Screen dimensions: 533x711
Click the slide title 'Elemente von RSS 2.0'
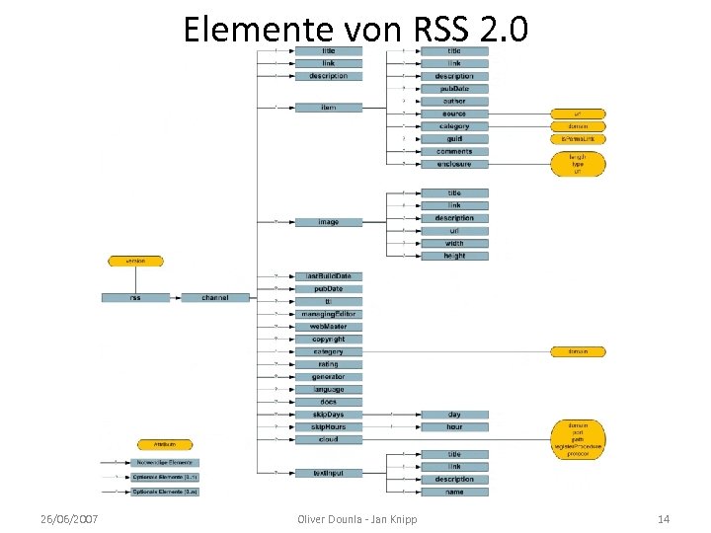tap(355, 30)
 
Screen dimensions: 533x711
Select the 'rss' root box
tap(134, 297)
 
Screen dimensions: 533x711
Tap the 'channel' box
tap(215, 297)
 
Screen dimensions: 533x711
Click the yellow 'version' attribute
tap(135, 261)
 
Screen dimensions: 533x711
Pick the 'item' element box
tap(328, 107)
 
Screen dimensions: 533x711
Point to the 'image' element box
tap(328, 222)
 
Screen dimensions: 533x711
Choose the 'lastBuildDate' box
tap(328, 276)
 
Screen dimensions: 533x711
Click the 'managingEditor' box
tap(328, 314)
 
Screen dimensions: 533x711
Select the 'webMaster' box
tap(328, 327)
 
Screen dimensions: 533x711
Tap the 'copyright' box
tap(328, 340)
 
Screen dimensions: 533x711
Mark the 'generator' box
tap(328, 377)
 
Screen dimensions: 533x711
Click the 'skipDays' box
tap(328, 415)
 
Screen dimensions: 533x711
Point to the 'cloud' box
tap(328, 439)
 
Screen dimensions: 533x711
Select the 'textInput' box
tap(328, 474)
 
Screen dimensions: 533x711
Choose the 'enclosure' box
tap(454, 164)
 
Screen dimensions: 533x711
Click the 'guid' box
tap(454, 139)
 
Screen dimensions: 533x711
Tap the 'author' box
tap(454, 101)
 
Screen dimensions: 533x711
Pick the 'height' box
tap(454, 256)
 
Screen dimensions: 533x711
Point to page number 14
tap(663, 519)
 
